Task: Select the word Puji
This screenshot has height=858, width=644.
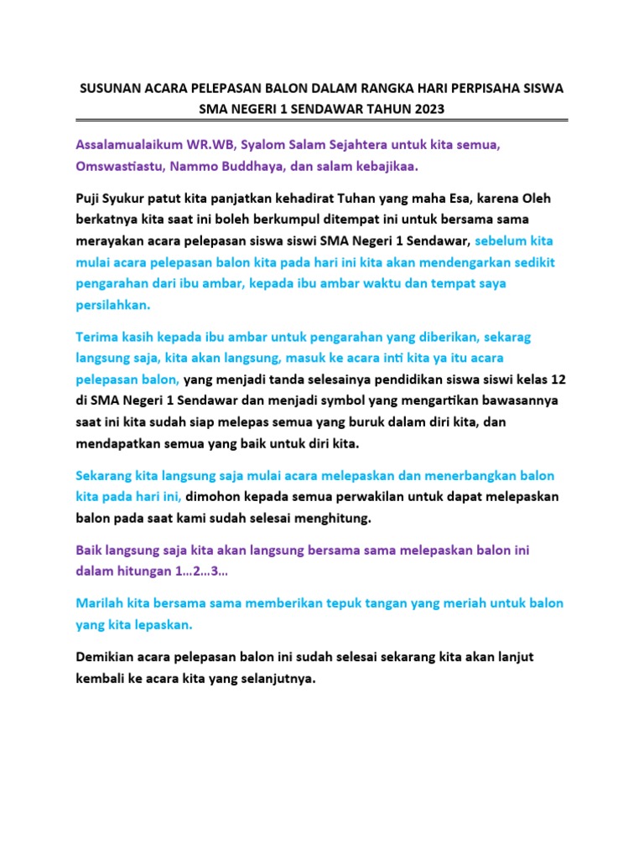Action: [89, 199]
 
